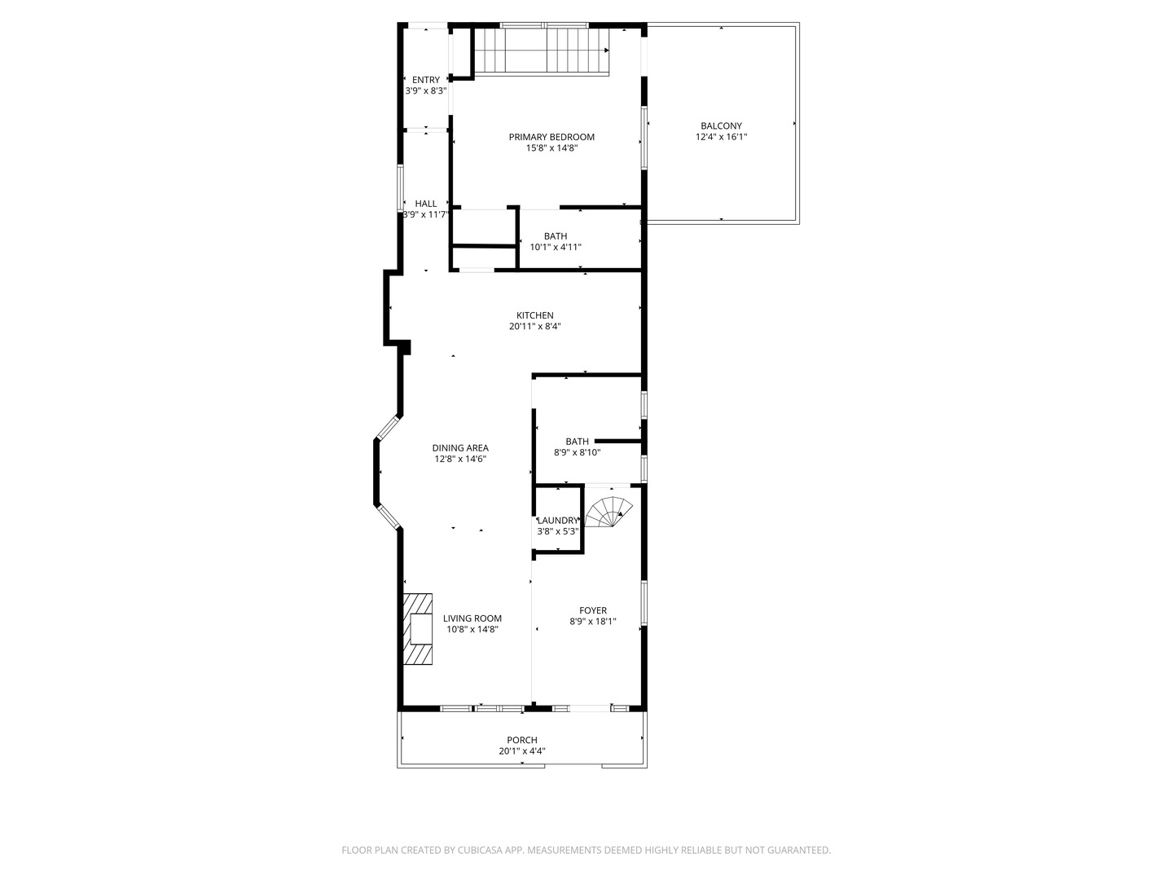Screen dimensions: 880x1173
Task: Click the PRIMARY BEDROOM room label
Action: click(551, 137)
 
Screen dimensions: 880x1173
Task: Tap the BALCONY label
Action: click(721, 125)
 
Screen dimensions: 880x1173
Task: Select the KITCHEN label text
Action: click(534, 315)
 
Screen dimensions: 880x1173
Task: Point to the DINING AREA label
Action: click(460, 447)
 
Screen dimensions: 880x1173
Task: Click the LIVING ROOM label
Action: click(472, 618)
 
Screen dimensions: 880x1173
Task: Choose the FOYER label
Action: click(593, 610)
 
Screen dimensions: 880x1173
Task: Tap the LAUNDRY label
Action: click(558, 521)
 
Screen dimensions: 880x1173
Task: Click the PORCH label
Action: click(522, 740)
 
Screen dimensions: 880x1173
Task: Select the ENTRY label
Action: click(425, 80)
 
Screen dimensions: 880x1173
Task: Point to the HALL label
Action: click(425, 204)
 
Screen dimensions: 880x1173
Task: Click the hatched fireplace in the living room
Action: click(420, 629)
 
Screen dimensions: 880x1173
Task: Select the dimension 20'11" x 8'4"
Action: click(534, 327)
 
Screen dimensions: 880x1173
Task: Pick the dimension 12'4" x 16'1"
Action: click(721, 137)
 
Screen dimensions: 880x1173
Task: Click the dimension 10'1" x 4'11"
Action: click(556, 247)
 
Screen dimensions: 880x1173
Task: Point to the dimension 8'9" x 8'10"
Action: click(577, 452)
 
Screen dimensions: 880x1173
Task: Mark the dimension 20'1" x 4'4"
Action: click(522, 751)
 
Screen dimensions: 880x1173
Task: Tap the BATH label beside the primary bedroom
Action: click(556, 236)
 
